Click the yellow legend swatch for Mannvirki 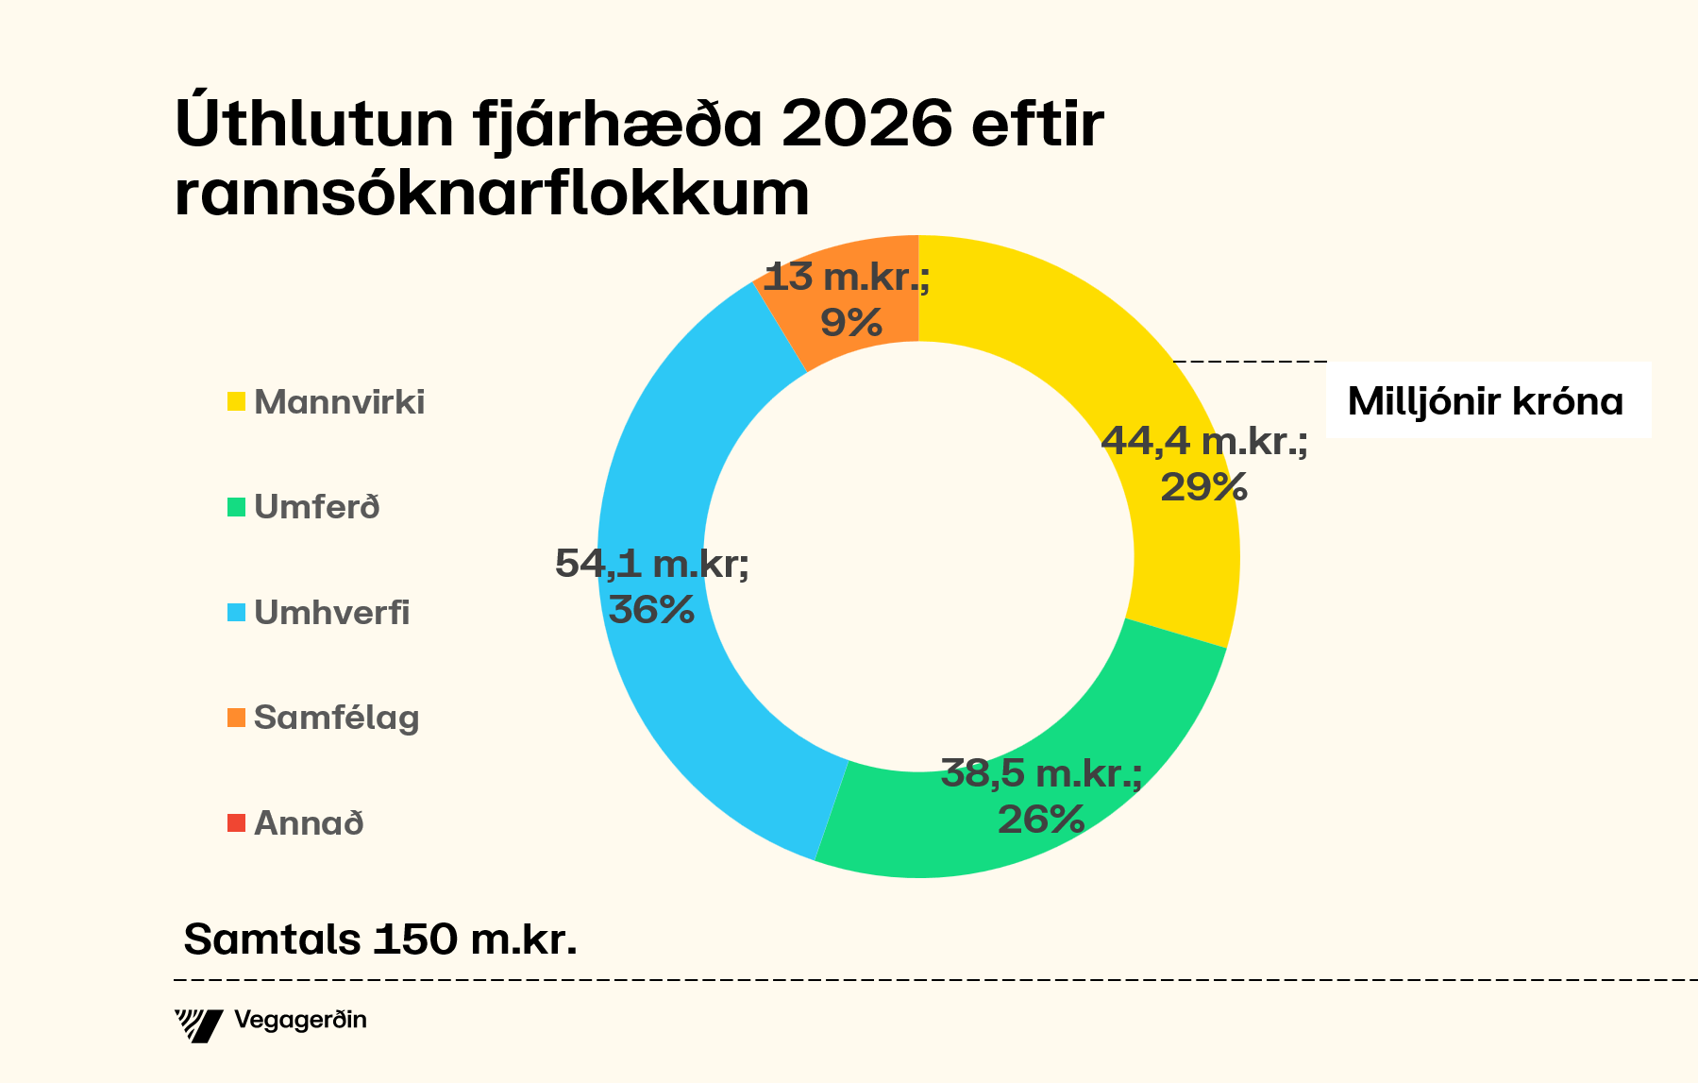click(x=236, y=401)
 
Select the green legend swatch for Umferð click(x=236, y=507)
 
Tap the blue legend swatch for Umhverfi click(x=236, y=612)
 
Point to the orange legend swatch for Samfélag click(x=236, y=718)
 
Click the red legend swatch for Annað click(x=236, y=822)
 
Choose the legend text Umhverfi click(x=332, y=612)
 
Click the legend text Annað click(x=309, y=822)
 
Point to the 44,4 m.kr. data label click(x=1204, y=441)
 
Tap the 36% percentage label click(x=651, y=610)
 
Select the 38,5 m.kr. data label click(x=1041, y=774)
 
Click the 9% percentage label click(x=850, y=323)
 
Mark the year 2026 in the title click(x=867, y=124)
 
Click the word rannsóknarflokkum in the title click(x=492, y=194)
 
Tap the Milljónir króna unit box click(x=1487, y=401)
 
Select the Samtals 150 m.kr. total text click(x=379, y=939)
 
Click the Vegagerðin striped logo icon click(x=198, y=1024)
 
